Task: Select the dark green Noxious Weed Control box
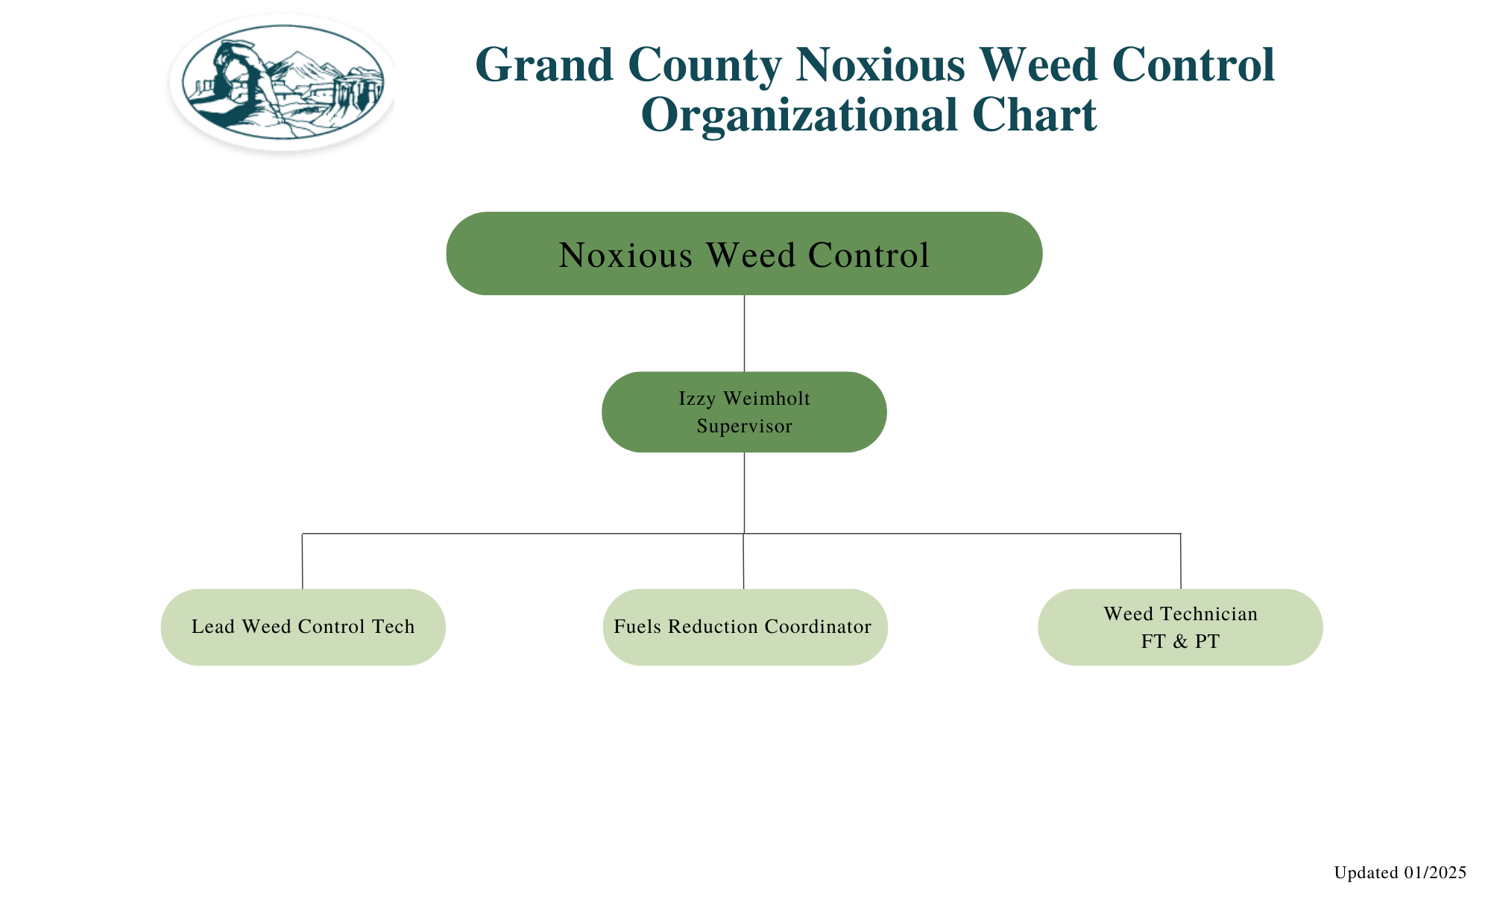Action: coord(744,253)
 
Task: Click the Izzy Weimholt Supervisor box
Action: coord(744,412)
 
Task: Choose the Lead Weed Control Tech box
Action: coord(303,627)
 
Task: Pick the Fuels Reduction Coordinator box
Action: coord(745,627)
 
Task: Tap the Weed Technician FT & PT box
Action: coord(1180,627)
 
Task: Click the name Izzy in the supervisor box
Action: coord(697,399)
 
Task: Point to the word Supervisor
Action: coord(744,426)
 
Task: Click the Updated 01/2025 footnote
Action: coord(1400,873)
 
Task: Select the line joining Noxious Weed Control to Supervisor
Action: coord(744,333)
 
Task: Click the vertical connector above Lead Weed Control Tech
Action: coord(302,561)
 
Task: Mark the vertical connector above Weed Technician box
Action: coord(1181,561)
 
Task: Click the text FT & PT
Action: coord(1180,642)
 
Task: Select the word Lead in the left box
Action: coord(212,627)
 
